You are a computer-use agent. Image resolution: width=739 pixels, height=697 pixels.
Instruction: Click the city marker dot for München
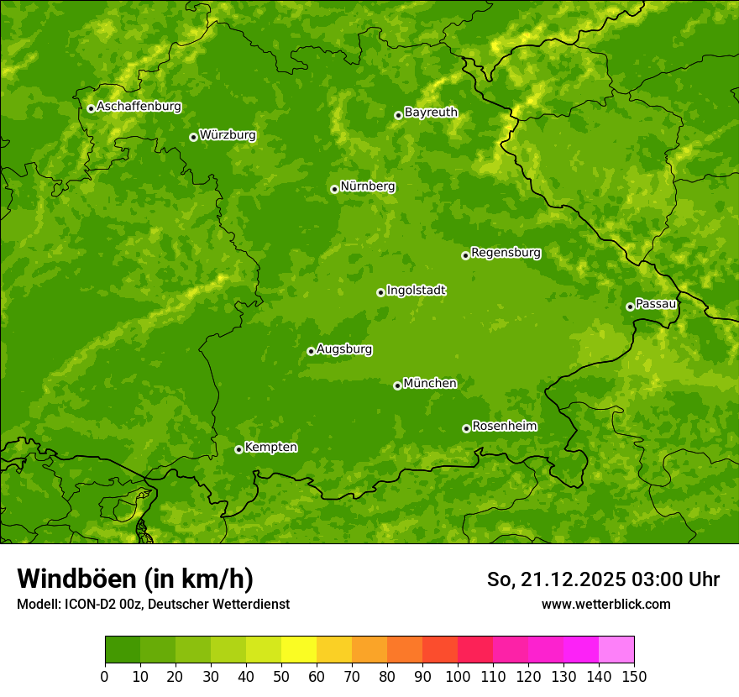397,385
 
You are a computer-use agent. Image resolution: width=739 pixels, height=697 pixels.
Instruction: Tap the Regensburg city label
506,253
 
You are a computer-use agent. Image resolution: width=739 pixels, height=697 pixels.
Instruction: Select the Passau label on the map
656,304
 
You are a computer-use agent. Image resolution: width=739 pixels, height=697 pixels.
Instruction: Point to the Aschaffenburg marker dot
91,108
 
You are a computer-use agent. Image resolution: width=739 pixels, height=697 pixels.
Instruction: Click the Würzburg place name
228,135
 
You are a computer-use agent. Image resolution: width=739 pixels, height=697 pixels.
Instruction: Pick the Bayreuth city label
431,113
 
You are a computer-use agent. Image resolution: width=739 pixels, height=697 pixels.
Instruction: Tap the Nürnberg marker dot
334,189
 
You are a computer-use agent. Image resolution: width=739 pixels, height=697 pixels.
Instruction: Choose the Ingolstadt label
416,291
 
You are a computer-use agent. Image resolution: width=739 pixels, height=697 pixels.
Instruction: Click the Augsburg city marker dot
311,351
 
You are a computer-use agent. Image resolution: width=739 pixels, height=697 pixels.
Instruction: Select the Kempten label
270,448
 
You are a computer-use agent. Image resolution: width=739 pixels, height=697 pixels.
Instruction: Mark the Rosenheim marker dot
466,428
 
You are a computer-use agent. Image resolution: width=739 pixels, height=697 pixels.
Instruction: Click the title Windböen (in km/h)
135,579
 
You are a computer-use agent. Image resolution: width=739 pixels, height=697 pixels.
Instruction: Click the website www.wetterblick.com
605,604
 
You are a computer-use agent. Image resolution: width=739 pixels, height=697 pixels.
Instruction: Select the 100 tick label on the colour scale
458,675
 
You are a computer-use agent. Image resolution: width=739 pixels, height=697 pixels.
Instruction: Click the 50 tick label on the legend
281,675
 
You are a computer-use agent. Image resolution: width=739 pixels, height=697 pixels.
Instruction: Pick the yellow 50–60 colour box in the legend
299,650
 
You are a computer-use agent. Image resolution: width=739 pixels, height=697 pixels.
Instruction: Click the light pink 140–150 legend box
616,650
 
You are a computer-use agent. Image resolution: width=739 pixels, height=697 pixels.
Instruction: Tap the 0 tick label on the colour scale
105,675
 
